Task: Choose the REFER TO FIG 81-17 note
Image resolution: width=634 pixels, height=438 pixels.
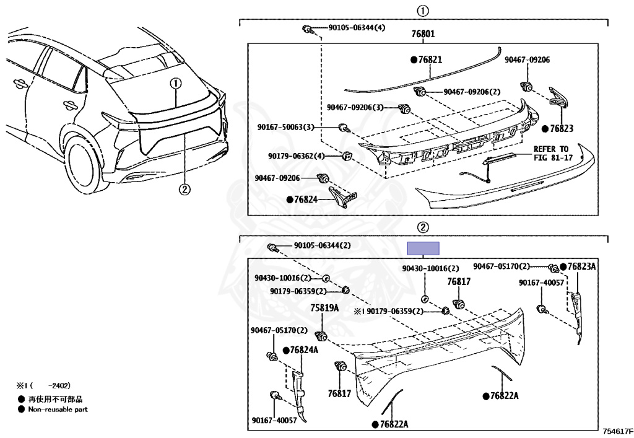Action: point(551,153)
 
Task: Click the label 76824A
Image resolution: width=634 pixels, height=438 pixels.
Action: point(304,350)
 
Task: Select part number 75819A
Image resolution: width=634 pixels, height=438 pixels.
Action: point(324,307)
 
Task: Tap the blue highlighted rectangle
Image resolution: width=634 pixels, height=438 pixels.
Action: point(423,248)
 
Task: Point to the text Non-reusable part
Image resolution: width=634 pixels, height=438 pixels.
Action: point(58,409)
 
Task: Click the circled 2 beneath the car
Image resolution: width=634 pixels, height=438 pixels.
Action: point(184,190)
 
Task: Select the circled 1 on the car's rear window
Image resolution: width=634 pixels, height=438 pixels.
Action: point(176,83)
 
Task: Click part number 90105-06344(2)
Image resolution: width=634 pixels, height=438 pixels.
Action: point(322,245)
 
